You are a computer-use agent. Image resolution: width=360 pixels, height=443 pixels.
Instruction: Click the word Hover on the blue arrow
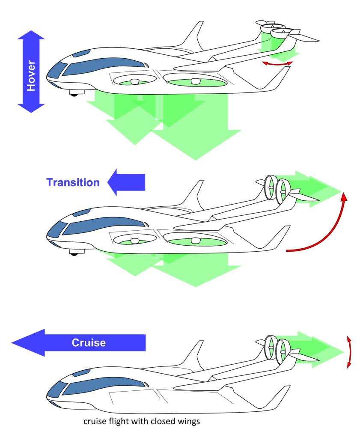tap(31, 71)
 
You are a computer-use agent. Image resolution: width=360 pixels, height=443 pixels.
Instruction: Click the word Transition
tap(73, 182)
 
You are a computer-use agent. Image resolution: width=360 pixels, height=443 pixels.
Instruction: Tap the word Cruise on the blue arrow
tap(89, 343)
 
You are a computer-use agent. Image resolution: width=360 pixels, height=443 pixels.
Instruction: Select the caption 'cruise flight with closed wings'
tap(142, 422)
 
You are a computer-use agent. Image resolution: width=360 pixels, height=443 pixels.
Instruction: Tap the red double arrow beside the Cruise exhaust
tap(349, 352)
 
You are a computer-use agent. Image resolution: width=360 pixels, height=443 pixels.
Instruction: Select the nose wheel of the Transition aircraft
tap(74, 253)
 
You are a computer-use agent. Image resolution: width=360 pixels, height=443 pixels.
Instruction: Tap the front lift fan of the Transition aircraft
tap(134, 241)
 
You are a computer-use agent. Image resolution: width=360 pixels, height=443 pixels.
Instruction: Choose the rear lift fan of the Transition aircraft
tap(195, 241)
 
